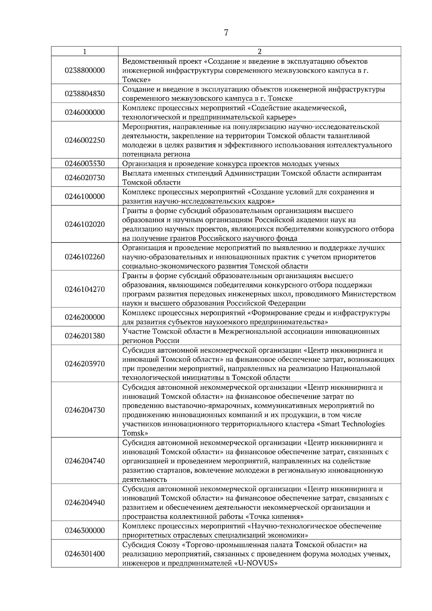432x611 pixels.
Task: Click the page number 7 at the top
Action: pyautogui.click(x=226, y=33)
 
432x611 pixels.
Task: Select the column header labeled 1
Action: pyautogui.click(x=85, y=51)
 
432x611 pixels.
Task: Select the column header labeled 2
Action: pyautogui.click(x=259, y=51)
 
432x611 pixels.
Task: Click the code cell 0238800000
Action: pyautogui.click(x=85, y=70)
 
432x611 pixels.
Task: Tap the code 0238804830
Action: pyautogui.click(x=85, y=94)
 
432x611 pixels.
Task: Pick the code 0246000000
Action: pyautogui.click(x=85, y=112)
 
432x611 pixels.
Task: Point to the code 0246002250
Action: pyautogui.click(x=85, y=140)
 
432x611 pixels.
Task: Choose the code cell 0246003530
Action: pyautogui.click(x=85, y=163)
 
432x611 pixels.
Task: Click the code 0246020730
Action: pyautogui.click(x=85, y=177)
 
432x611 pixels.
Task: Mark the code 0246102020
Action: pyautogui.click(x=85, y=224)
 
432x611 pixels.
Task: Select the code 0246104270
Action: pyautogui.click(x=85, y=289)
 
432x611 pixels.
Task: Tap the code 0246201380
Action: pyautogui.click(x=85, y=336)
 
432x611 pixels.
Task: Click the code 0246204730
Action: pyautogui.click(x=85, y=410)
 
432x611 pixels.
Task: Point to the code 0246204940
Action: pyautogui.click(x=85, y=502)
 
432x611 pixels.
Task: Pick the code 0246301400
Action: pyautogui.click(x=85, y=553)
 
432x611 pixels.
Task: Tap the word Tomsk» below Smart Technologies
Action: pyautogui.click(x=135, y=433)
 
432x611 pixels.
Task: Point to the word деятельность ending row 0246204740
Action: pyautogui.click(x=145, y=480)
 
